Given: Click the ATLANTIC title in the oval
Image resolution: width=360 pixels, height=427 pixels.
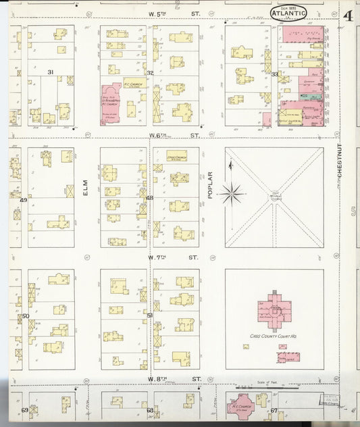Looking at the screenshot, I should pos(288,12).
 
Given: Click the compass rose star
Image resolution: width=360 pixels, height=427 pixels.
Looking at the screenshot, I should pos(232,194).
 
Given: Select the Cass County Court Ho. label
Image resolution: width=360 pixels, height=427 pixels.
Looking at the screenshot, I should pos(274,336).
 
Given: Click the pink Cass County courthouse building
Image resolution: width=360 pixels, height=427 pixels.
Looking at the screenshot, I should pos(274,309).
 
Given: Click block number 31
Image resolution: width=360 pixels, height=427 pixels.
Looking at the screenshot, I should pos(50,72).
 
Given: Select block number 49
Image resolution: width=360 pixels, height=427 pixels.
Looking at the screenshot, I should pos(23,200).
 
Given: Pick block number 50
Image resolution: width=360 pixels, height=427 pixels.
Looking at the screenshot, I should pos(26,316).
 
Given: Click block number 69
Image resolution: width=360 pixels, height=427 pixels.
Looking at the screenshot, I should pos(24,410).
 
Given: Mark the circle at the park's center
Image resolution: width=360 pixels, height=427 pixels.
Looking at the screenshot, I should pos(274,197).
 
